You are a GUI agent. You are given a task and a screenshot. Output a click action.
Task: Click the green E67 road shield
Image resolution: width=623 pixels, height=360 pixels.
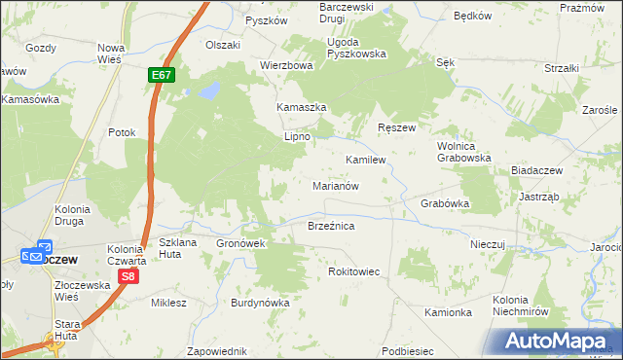tap(163, 74)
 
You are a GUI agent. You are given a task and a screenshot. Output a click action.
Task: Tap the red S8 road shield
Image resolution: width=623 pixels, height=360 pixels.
tap(128, 277)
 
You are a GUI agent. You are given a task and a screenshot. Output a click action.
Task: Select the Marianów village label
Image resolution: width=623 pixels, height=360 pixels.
tap(337, 185)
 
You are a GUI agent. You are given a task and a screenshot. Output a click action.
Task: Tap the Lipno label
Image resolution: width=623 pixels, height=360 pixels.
tap(296, 137)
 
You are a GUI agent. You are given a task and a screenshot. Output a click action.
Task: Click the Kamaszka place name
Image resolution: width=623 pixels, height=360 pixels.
tap(301, 108)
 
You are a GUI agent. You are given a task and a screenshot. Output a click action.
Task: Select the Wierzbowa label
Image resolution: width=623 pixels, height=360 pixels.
tap(286, 66)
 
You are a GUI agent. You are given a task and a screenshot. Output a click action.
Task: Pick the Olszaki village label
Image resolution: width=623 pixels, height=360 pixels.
tap(222, 45)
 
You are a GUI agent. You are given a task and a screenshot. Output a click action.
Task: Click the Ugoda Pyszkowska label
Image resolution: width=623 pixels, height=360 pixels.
tap(356, 49)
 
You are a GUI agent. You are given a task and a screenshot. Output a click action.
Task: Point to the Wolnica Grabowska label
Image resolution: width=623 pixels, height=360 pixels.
tap(463, 151)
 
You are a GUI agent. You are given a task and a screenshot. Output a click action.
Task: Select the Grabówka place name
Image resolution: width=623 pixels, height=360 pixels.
tap(445, 204)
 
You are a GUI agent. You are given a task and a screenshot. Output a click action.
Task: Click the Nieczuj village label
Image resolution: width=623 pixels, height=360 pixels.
tap(489, 245)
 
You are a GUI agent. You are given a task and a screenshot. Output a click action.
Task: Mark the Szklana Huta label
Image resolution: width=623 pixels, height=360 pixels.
tap(177, 247)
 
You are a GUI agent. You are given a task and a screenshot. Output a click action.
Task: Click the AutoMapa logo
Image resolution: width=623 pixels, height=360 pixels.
tap(557, 341)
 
